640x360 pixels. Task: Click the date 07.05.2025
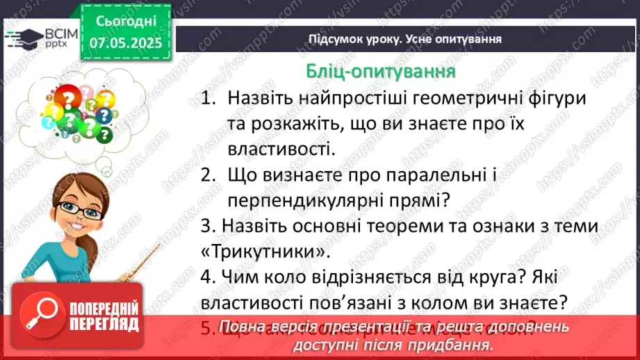pos(125,43)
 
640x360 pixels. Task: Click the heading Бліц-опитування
pos(381,72)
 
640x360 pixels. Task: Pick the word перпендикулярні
pos(315,200)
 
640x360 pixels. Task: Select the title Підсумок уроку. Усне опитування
pos(405,39)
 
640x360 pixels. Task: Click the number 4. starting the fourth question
pos(206,277)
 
